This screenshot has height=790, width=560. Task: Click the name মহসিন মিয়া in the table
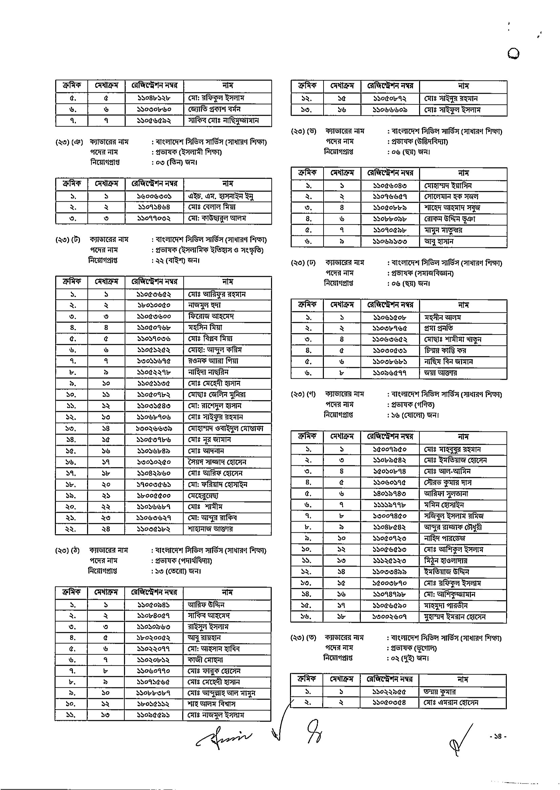[x=205, y=327]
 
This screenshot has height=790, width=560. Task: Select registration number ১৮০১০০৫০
[x=153, y=305]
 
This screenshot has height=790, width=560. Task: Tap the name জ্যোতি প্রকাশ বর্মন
[x=214, y=109]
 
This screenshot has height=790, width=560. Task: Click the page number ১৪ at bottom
[x=498, y=737]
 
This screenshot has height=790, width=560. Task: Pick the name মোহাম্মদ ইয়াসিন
[x=448, y=186]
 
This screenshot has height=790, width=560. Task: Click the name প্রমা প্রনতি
[x=439, y=328]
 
